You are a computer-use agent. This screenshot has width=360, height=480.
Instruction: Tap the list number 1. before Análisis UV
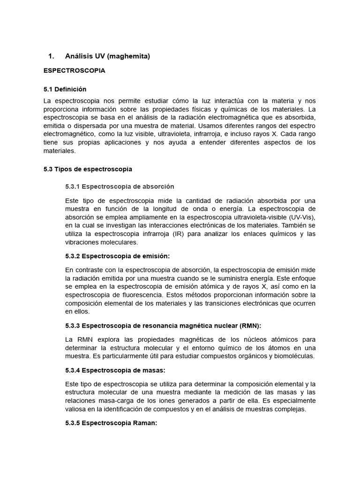(x=52, y=56)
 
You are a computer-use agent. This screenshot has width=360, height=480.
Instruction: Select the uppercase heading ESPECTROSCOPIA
(x=74, y=71)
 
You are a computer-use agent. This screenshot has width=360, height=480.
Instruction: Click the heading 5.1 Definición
(x=65, y=89)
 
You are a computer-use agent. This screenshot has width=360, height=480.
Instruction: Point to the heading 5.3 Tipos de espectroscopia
(x=88, y=169)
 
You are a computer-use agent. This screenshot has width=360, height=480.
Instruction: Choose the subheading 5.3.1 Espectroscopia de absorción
(x=120, y=187)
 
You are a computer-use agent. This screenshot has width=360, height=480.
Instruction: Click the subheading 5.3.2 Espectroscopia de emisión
(x=118, y=256)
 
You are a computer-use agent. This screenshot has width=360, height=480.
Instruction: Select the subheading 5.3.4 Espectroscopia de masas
(x=115, y=370)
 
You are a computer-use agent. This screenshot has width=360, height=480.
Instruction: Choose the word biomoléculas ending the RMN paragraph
(x=294, y=356)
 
